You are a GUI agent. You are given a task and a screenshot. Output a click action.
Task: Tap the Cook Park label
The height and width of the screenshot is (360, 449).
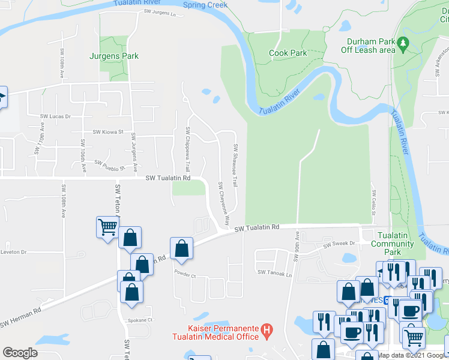[288, 53]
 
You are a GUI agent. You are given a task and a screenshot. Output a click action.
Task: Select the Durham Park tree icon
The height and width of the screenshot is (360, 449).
[404, 43]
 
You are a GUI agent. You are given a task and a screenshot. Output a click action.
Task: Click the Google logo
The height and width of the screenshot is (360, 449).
[20, 353]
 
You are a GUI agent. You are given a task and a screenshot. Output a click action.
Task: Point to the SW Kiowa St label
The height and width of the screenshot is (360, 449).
[107, 132]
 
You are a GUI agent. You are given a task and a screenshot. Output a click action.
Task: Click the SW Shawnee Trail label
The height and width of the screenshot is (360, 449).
[236, 165]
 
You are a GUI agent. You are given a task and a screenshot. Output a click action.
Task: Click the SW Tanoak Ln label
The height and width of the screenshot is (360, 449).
[274, 273]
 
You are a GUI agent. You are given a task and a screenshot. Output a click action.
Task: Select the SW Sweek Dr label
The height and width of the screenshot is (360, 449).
[339, 245]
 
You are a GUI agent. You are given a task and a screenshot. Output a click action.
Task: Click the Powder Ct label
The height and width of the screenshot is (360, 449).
[185, 275]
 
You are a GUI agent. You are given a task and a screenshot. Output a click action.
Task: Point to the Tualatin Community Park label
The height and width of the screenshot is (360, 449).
[392, 244]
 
